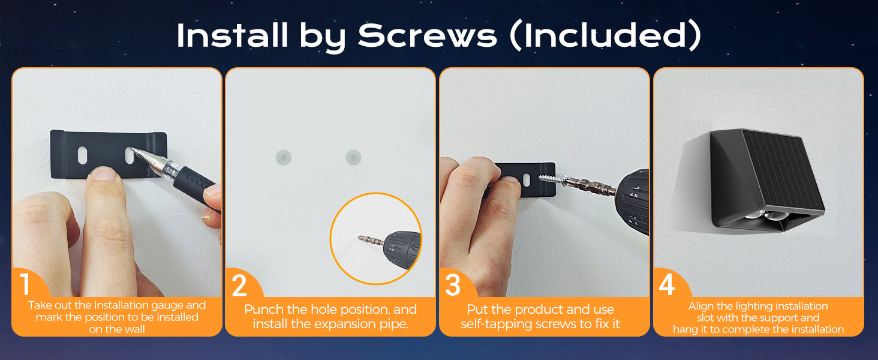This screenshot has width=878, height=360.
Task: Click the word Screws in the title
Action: (428, 35)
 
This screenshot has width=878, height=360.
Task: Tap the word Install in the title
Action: (233, 35)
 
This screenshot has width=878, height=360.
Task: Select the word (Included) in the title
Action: (605, 35)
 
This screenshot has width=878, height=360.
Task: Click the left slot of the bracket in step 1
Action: (82, 155)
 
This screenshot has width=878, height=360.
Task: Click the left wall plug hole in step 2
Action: (284, 158)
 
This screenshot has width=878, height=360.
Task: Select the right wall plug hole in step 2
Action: (353, 157)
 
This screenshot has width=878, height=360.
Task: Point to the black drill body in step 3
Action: (632, 203)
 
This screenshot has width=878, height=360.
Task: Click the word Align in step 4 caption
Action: (700, 306)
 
